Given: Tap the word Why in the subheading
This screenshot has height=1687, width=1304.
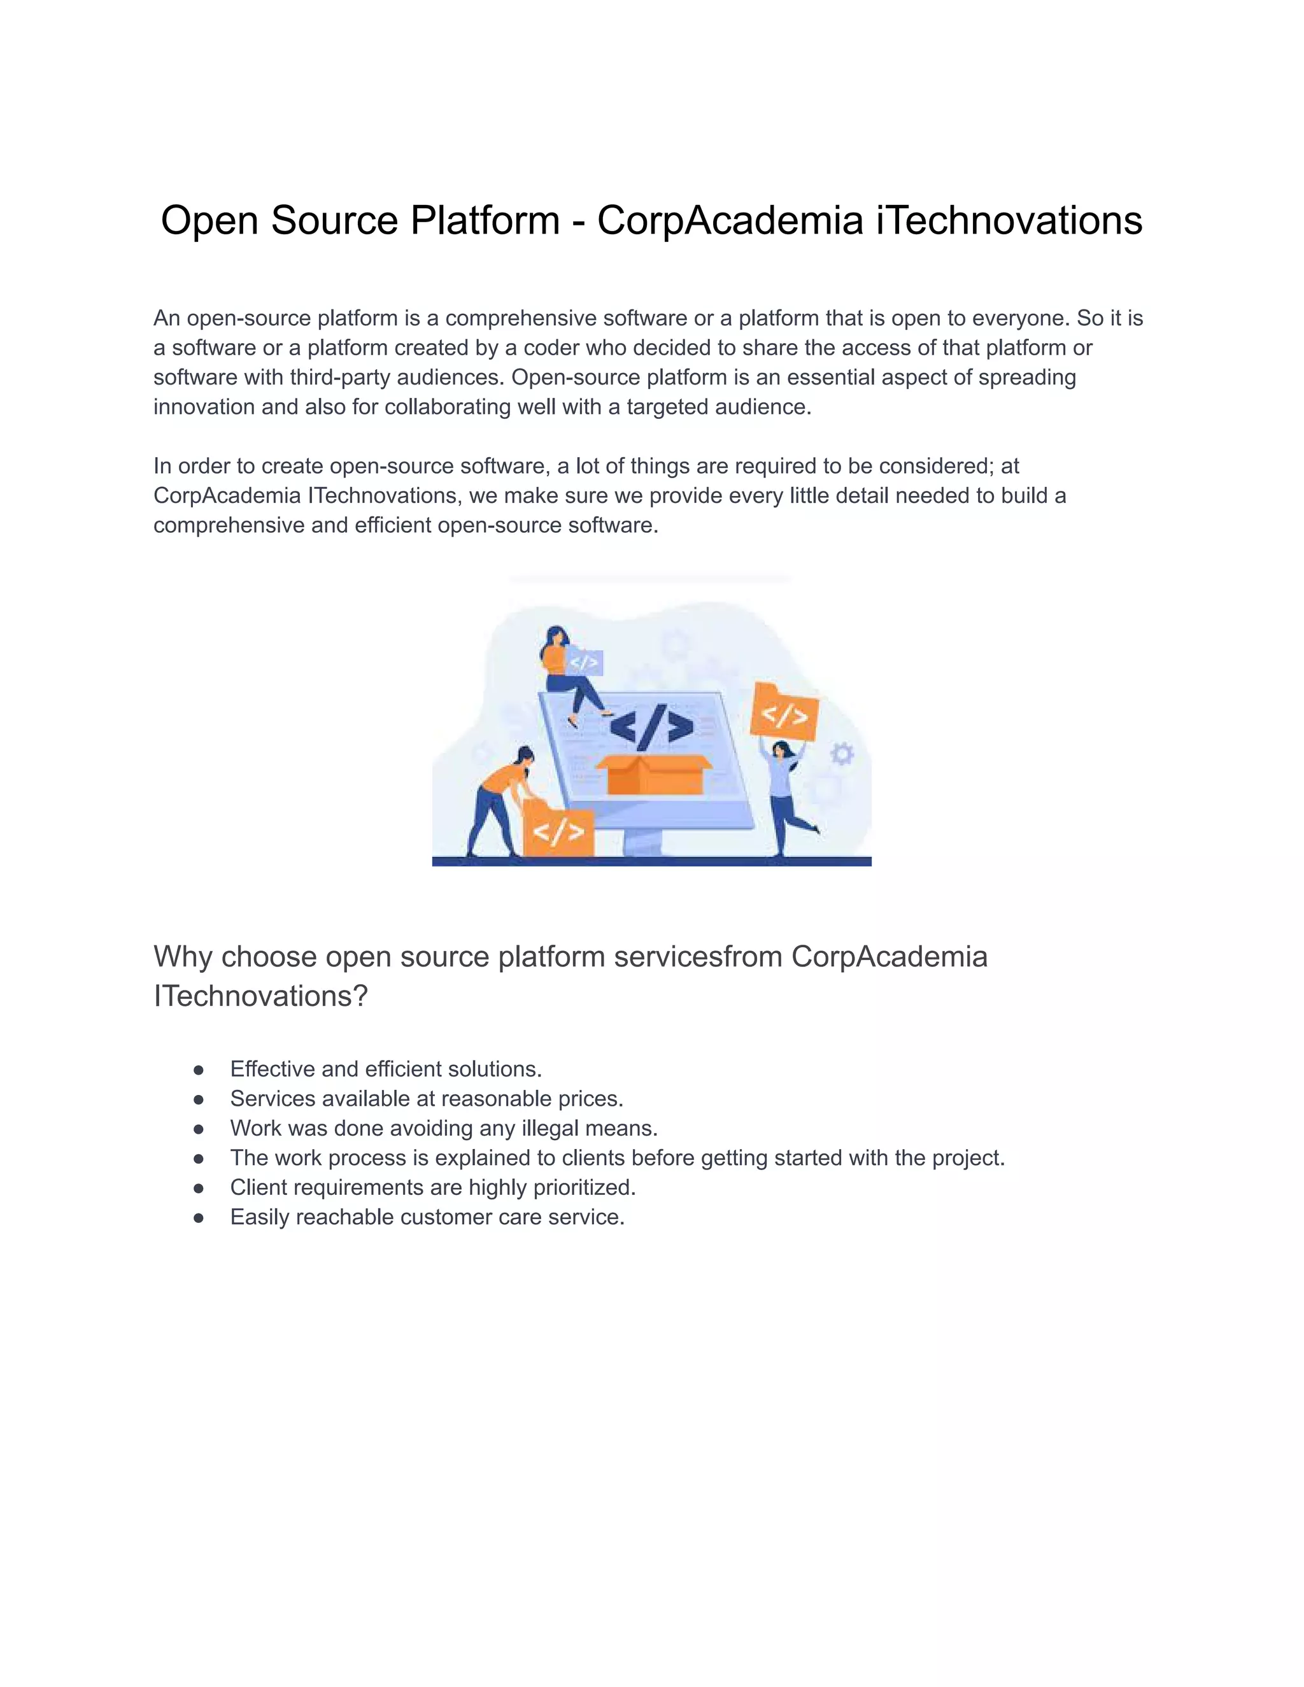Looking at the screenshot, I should [x=181, y=957].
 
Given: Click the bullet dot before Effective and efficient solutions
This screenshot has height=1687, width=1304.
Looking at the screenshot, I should [x=199, y=1070].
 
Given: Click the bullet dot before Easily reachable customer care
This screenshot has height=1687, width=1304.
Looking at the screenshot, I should [x=199, y=1218].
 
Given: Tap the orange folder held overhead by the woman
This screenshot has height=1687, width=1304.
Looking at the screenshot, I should [x=783, y=710].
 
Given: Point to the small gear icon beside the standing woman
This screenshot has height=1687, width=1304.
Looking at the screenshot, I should [x=842, y=753].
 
